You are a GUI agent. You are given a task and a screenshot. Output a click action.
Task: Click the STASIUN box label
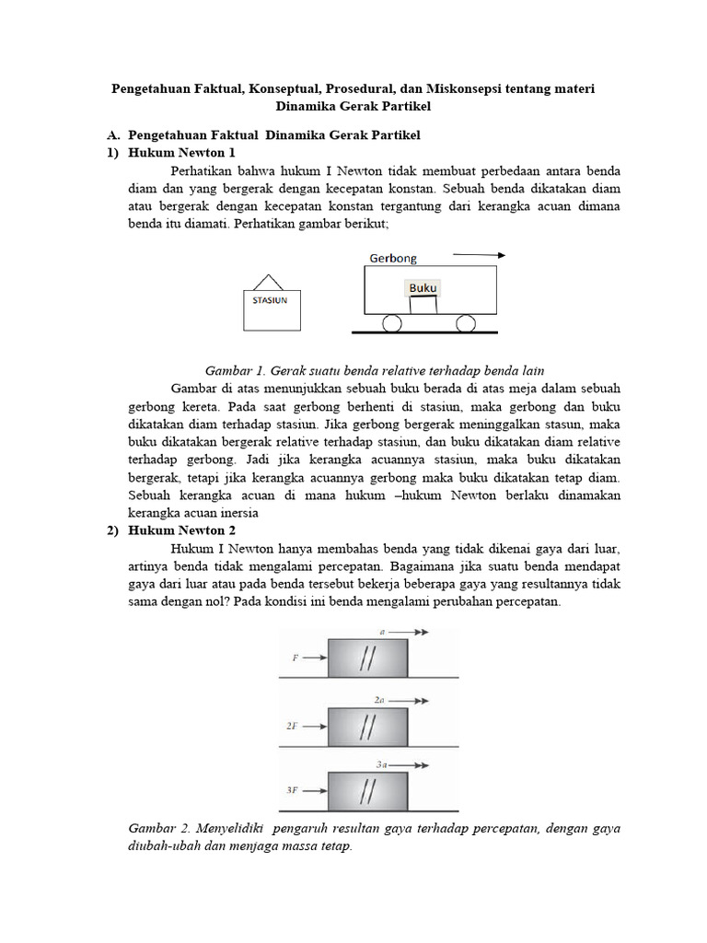270,299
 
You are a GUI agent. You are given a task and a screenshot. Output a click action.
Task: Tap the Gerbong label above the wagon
393,258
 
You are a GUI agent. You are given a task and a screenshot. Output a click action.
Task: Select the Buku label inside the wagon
423,288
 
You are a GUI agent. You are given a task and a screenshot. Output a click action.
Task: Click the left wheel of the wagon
392,323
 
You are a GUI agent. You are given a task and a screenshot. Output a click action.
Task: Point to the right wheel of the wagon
466,323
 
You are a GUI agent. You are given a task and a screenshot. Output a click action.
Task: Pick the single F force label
295,658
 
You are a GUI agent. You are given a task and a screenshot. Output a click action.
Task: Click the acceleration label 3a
383,764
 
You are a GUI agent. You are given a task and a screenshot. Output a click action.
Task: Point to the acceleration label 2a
380,699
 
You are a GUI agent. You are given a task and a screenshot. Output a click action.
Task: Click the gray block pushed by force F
367,658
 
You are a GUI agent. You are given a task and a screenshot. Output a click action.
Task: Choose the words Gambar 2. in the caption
158,829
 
